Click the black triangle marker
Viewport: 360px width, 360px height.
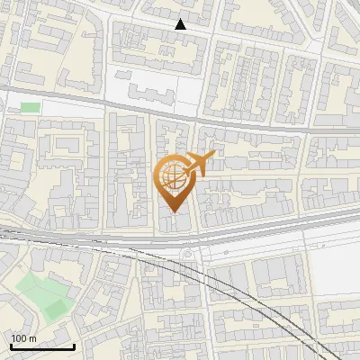pos(181,24)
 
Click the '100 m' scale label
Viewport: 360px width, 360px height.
pos(23,338)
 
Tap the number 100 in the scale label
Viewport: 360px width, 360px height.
pos(19,338)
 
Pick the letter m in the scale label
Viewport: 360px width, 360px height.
pos(32,338)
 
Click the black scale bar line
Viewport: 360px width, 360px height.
pos(42,346)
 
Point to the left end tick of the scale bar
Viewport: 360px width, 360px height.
pos(11,345)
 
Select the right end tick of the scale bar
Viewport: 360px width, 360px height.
pos(74,345)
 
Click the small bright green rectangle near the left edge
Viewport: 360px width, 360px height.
pos(30,107)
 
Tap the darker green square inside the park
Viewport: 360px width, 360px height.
pos(56,310)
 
